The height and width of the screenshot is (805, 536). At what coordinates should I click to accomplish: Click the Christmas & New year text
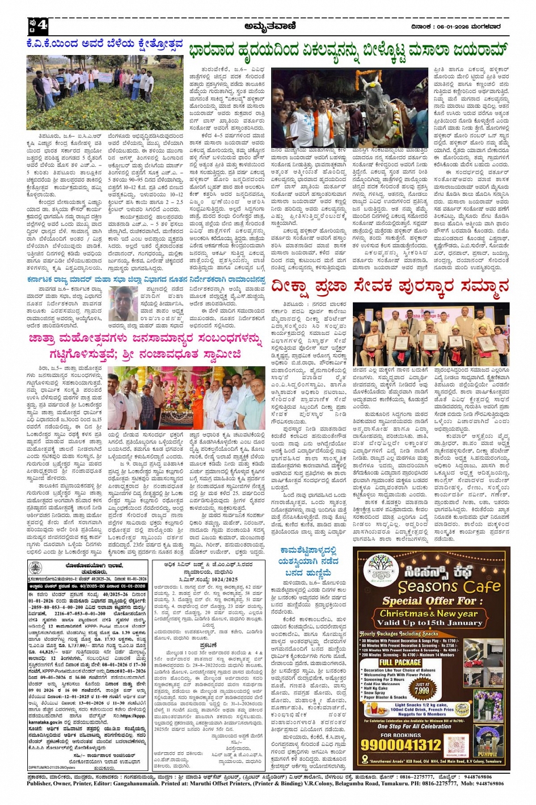(429, 614)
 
